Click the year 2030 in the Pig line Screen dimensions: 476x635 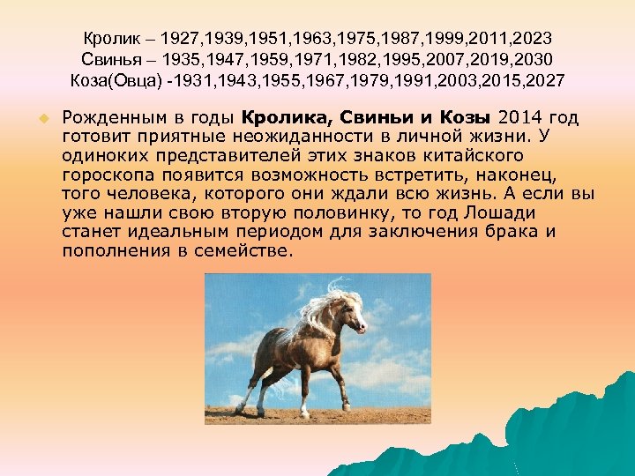(534, 61)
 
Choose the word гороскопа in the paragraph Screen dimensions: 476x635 (101, 175)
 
